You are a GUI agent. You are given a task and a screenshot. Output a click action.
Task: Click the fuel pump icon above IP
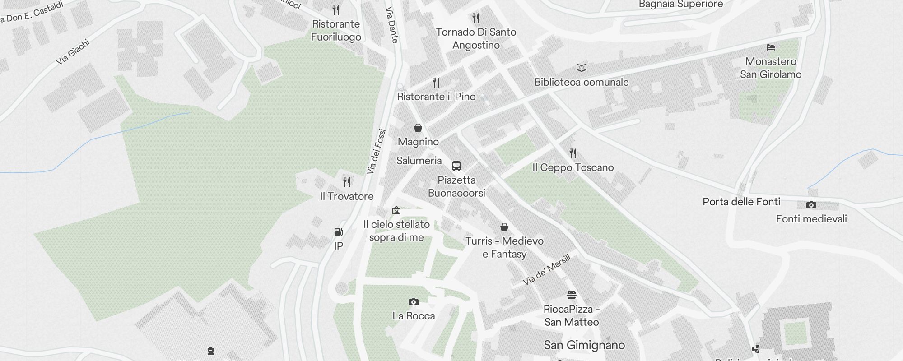(338, 232)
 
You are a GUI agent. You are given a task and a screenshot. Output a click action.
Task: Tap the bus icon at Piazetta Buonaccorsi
(456, 166)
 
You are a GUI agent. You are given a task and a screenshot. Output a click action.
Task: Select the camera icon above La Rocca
(413, 302)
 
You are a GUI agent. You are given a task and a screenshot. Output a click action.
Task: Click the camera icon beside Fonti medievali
(811, 205)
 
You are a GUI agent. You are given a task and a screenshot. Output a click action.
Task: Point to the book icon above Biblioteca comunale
(582, 68)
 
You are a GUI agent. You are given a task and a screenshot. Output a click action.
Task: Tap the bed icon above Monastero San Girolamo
(771, 47)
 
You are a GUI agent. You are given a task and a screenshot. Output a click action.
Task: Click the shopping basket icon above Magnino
(418, 128)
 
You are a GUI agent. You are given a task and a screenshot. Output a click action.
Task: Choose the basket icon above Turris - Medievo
(504, 227)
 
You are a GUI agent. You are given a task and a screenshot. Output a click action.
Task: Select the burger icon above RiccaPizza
(572, 295)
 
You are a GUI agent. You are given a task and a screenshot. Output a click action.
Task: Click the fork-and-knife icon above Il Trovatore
(347, 182)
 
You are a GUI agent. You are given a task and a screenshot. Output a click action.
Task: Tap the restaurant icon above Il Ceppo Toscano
(573, 153)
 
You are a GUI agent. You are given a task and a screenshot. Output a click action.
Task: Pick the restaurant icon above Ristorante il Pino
(436, 82)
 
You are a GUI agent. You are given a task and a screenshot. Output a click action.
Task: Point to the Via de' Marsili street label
(547, 269)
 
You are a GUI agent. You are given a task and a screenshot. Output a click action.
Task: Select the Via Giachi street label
(73, 52)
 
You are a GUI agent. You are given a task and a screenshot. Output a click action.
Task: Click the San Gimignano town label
(584, 345)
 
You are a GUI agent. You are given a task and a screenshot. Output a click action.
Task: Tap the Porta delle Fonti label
(741, 202)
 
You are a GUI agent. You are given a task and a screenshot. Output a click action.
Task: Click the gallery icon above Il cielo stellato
(396, 210)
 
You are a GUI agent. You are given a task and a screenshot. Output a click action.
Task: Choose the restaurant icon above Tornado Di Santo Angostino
(476, 18)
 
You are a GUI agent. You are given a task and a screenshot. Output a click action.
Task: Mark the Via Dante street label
(391, 25)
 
